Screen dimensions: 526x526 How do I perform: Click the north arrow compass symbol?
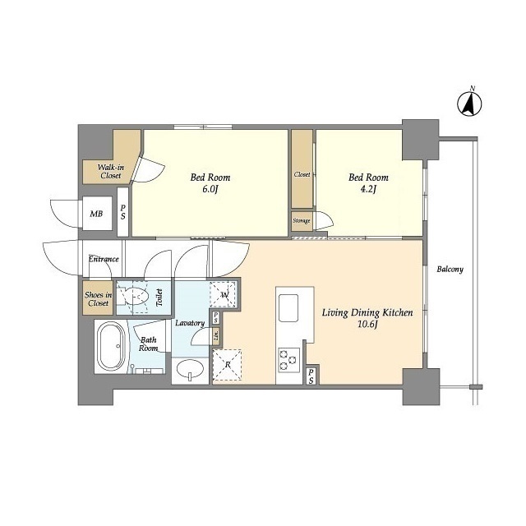point(469,103)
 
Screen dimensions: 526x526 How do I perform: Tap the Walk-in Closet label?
point(111,171)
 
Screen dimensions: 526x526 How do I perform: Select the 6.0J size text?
point(210,190)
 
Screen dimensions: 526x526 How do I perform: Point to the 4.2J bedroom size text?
point(368,190)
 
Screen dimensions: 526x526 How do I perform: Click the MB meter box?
point(97,214)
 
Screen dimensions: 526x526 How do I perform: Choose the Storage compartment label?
point(302,221)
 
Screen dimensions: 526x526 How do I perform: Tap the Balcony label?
point(450,270)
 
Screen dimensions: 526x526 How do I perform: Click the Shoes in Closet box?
point(98,298)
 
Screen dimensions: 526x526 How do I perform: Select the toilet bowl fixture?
point(133,297)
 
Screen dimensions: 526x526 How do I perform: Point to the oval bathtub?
point(111,346)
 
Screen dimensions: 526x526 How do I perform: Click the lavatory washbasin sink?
point(190,369)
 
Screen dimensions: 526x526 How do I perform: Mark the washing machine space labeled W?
point(224,295)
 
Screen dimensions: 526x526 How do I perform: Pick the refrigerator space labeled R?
point(227,365)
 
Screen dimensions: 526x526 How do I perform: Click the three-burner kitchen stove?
point(288,360)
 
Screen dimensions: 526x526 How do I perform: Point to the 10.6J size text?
point(367,325)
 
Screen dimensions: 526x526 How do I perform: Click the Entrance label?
point(104,259)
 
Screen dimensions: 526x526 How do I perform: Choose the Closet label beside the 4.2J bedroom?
point(302,174)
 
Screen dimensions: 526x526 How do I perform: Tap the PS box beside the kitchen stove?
point(311,376)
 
